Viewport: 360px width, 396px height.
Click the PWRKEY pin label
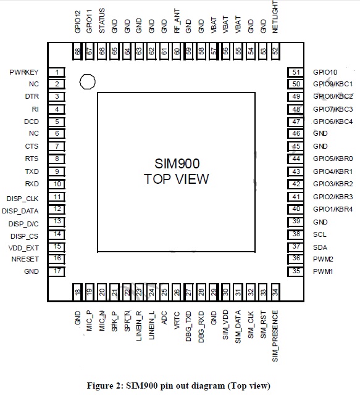point(23,72)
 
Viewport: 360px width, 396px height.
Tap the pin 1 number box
point(57,72)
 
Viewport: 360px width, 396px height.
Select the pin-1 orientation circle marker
point(88,81)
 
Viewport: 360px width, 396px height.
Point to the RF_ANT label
point(177,21)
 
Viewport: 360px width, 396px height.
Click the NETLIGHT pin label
point(275,17)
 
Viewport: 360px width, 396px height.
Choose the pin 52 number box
point(275,51)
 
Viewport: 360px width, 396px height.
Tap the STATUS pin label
point(102,20)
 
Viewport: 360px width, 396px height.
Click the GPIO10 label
point(325,72)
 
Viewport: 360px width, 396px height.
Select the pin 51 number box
point(296,72)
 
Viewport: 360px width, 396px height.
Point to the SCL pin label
point(319,234)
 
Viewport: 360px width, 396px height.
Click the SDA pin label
point(320,247)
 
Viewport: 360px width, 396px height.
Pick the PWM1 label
point(323,271)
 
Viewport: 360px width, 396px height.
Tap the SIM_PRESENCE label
point(275,336)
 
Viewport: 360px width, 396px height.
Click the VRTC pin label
point(177,321)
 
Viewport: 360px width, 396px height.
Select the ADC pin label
point(164,318)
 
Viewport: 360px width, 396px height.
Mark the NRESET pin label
point(25,259)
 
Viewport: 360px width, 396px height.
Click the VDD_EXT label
point(23,248)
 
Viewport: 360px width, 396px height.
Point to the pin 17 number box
point(57,271)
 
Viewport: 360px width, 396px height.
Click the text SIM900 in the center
point(177,163)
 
